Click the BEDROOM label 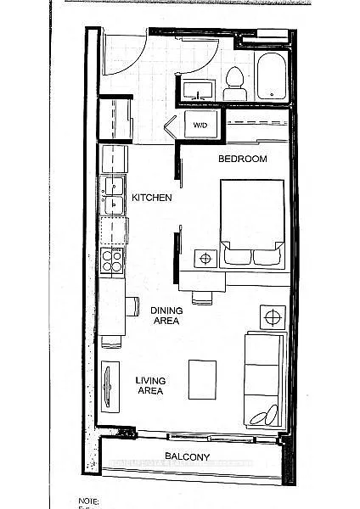tap(243, 159)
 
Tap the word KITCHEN tap(152, 198)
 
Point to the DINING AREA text tap(166, 316)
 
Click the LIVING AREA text tap(150, 387)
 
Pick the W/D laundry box tap(200, 125)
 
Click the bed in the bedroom tap(253, 225)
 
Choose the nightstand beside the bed tap(205, 256)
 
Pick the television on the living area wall tap(108, 387)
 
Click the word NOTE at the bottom tap(89, 501)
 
